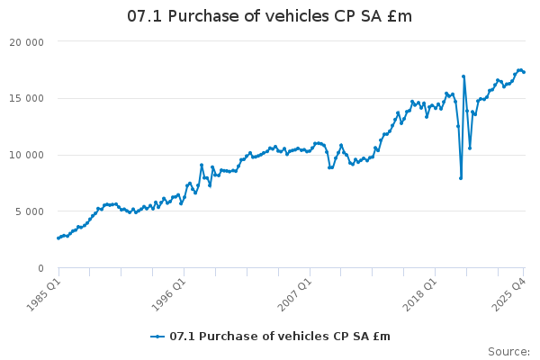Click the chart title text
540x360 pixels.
coord(270,17)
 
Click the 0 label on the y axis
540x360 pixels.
coord(40,268)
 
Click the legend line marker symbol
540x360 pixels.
coord(157,337)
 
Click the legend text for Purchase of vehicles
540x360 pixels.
coord(280,337)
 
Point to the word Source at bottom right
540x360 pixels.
coord(508,351)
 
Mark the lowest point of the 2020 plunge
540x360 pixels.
coord(460,178)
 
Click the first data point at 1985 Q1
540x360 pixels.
coord(58,238)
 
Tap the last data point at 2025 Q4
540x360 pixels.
coord(524,72)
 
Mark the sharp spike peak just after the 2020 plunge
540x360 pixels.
coord(463,76)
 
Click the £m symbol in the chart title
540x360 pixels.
coord(400,17)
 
